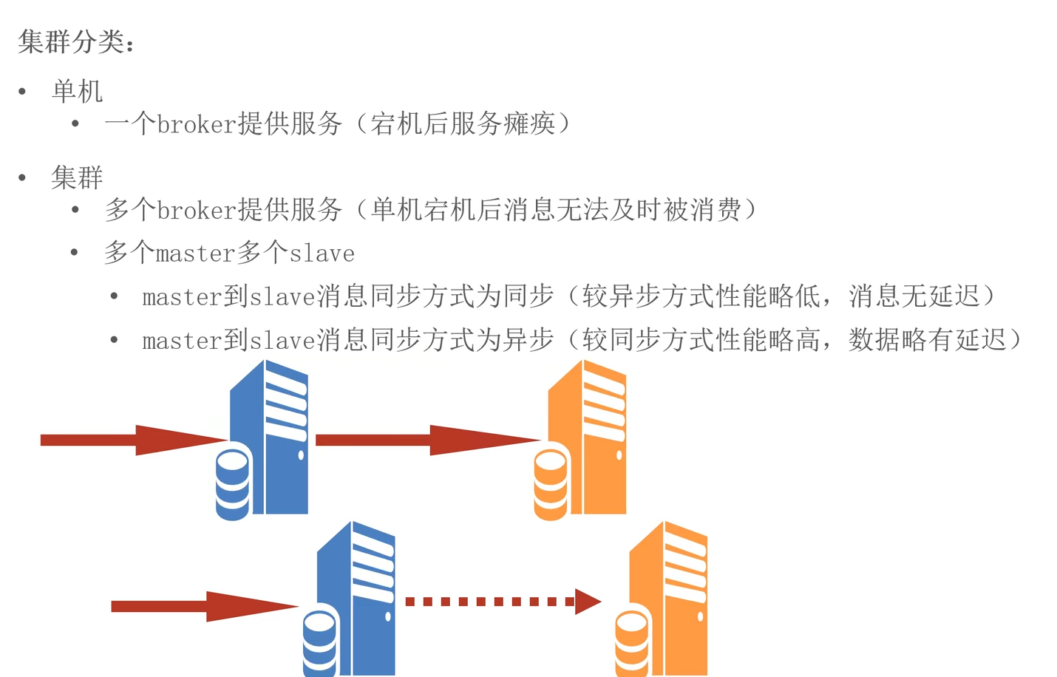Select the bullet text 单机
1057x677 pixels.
tap(77, 92)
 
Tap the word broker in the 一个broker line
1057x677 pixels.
tap(196, 124)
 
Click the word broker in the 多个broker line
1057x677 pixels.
tap(196, 211)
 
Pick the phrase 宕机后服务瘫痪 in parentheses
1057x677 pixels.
tap(463, 124)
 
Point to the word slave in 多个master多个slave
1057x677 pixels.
tap(322, 254)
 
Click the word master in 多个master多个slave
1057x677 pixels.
tap(195, 254)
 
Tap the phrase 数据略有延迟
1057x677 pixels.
tap(927, 340)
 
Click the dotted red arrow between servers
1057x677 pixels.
tap(503, 602)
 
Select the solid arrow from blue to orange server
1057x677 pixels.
tap(427, 440)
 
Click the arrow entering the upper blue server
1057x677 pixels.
tap(133, 440)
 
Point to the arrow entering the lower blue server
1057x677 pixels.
tap(204, 606)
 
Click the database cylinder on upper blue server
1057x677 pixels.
tap(232, 484)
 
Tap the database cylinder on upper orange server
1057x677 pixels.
tap(551, 484)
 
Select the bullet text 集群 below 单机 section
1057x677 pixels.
tap(77, 178)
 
